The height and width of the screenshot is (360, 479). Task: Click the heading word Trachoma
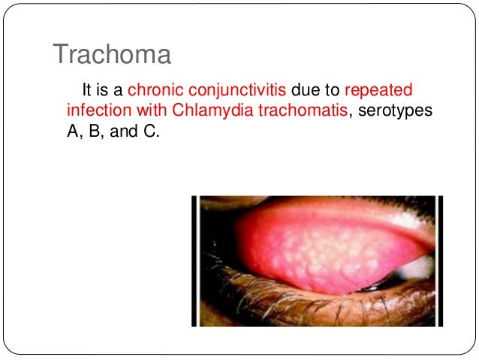point(112,55)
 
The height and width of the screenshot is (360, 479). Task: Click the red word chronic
point(155,91)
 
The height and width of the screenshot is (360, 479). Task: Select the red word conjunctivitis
point(234,91)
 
